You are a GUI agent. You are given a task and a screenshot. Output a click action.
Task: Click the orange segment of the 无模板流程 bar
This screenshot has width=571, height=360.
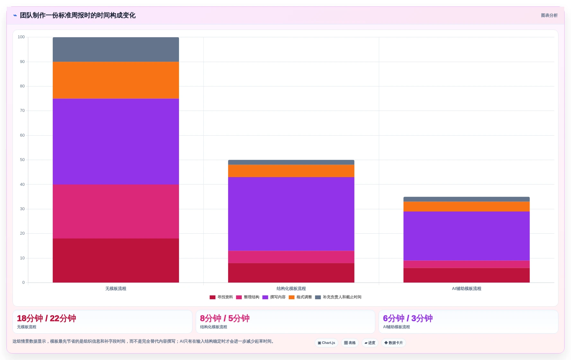(116, 80)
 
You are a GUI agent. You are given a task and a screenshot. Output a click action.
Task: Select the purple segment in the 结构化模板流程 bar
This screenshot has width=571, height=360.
(291, 214)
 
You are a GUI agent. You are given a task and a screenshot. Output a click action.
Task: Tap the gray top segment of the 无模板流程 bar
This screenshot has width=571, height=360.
(116, 50)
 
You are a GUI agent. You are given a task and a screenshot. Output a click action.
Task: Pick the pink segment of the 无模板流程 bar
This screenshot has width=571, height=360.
(116, 212)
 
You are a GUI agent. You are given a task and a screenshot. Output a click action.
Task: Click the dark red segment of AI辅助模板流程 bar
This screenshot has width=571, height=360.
(467, 275)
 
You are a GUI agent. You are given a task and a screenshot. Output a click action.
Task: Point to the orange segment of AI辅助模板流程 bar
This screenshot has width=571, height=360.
(467, 206)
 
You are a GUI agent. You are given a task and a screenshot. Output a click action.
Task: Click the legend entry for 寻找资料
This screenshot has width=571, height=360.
(221, 297)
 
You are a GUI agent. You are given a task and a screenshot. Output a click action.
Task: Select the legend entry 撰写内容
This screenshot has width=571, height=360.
(274, 297)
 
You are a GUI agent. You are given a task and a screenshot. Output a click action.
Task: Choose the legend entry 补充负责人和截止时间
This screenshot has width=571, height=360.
(338, 297)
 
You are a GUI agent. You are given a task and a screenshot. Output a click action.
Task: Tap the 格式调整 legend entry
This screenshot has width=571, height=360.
(300, 297)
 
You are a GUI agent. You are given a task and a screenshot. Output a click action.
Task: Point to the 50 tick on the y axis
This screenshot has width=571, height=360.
(22, 160)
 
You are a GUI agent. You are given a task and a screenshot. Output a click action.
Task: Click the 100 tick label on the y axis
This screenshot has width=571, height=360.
(21, 37)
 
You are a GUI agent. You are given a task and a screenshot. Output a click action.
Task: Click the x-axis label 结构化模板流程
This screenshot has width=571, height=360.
(291, 289)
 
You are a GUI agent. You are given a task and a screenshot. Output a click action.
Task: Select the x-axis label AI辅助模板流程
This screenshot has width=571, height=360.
(467, 289)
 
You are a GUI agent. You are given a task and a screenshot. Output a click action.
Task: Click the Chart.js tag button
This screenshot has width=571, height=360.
(326, 343)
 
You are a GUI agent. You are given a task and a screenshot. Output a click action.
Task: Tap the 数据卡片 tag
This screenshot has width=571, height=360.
(394, 343)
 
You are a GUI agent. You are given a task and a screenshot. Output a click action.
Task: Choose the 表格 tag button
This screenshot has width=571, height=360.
(350, 343)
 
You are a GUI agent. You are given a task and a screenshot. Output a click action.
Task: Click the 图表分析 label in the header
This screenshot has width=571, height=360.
(549, 15)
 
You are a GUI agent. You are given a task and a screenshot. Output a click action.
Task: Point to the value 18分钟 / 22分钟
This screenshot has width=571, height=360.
(47, 318)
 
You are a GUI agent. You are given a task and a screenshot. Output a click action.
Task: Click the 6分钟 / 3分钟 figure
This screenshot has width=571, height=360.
(408, 318)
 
